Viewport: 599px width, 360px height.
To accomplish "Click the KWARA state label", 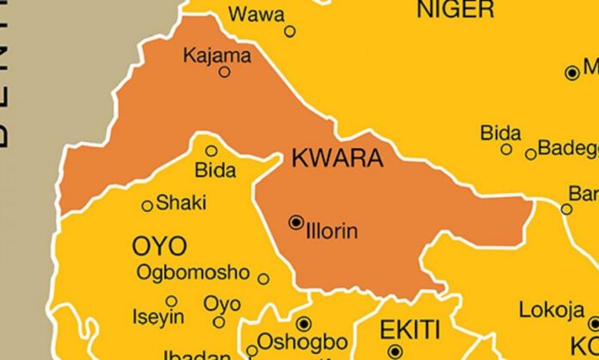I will click(337, 158).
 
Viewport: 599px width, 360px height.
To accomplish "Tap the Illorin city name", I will click(331, 231).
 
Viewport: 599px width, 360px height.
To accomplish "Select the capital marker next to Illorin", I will click(297, 222).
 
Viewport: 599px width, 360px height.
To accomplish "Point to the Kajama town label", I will click(218, 56).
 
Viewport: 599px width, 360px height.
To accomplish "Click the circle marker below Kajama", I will click(225, 72).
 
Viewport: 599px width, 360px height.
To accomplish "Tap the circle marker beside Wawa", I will click(290, 31).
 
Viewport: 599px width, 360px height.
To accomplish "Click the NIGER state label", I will click(455, 9).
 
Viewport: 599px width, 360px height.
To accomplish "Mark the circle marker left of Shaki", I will click(147, 206).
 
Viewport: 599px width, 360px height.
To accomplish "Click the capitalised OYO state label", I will click(158, 246).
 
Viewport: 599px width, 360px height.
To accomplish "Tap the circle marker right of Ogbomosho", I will click(263, 278).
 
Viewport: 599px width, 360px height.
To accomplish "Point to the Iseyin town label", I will click(158, 317).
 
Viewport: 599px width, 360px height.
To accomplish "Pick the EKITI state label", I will click(410, 329).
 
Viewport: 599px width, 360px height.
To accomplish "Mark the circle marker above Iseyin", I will click(171, 301).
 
